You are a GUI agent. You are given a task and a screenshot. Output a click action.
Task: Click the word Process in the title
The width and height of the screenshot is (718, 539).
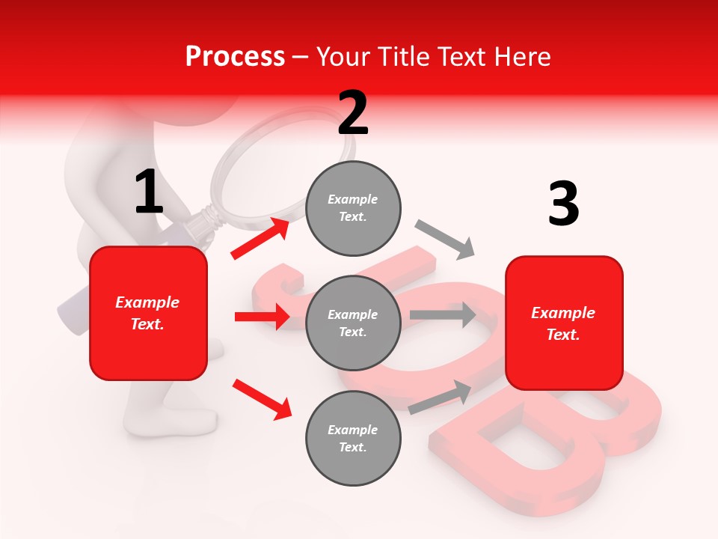235,56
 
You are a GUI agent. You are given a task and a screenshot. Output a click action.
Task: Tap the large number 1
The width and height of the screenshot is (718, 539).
148,192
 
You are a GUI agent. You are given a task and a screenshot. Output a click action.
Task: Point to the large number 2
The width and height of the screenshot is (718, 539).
352,113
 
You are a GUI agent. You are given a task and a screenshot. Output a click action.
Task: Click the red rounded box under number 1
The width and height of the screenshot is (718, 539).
148,313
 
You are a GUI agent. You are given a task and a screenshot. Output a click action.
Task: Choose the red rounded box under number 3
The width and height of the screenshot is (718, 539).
564,323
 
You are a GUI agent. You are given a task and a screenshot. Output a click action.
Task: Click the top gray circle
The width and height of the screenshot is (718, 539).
353,207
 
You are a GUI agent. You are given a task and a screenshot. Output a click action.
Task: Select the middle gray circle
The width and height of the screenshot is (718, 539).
353,323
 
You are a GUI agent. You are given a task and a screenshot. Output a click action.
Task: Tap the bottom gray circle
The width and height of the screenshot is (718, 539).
353,438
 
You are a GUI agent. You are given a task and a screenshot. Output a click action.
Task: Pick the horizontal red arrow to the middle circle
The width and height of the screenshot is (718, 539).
262,317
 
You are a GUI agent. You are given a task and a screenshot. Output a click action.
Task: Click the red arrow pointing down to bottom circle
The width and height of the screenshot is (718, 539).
262,399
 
